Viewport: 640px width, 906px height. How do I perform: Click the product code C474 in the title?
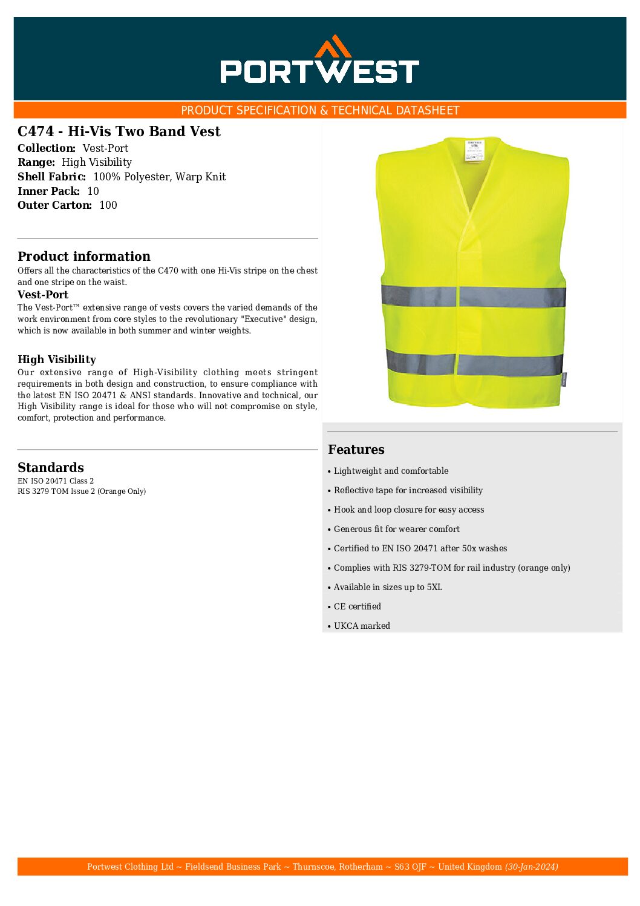coord(37,131)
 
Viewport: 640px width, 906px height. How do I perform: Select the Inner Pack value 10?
coord(93,191)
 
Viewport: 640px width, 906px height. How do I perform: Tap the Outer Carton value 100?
coord(108,205)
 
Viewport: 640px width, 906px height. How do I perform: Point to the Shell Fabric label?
coord(51,177)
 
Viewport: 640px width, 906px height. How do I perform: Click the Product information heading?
coord(83,256)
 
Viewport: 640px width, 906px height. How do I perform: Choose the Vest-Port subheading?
coord(42,295)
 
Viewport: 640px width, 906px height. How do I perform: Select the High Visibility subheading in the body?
coord(56,359)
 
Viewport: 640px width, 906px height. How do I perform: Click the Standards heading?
coord(50,467)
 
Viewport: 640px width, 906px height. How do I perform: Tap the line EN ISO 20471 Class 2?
coord(56,481)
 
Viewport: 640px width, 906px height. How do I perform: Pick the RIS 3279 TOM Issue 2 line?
coord(82,491)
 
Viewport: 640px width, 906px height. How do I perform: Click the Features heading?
coord(356,449)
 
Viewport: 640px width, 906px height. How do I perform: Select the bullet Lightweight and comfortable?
coord(391,471)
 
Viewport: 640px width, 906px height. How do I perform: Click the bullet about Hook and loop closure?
coord(408,510)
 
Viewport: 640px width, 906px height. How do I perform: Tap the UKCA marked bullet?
coord(362,626)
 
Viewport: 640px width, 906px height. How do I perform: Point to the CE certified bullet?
coord(357,606)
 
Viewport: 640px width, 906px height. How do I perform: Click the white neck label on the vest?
coord(475,151)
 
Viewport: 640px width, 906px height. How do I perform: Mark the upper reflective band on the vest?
coord(473,297)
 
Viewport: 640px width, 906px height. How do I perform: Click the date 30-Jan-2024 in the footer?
coord(531,867)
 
